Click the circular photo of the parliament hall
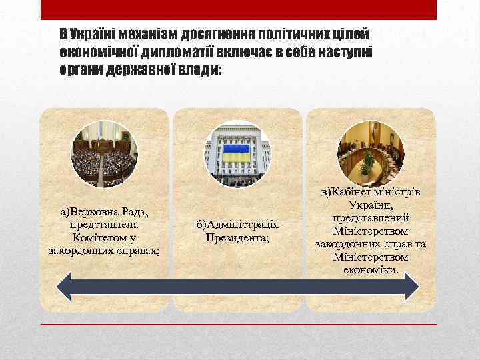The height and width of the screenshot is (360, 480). tap(105, 154)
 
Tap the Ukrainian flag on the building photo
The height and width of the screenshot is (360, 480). tap(237, 154)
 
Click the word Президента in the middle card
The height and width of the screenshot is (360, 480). tap(237, 237)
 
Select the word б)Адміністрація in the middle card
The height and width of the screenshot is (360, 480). tap(237, 225)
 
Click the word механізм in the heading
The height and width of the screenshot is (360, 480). tap(151, 34)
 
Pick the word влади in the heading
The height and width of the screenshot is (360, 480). tap(199, 69)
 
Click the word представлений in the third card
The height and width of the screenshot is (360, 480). tap(371, 218)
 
